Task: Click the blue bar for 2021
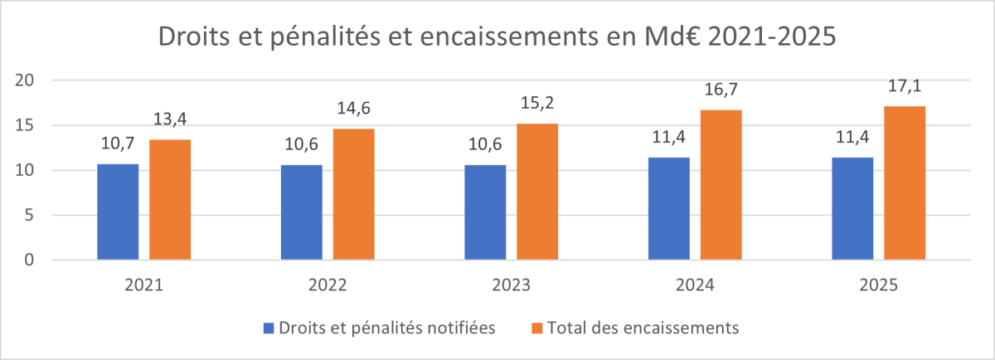pos(118,212)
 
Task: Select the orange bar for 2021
pos(170,200)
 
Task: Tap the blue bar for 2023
pos(485,212)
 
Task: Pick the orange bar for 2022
pos(354,195)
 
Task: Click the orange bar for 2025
pos(904,183)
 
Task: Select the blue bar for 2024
pos(668,209)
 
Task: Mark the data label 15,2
pos(536,106)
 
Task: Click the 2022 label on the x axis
pos(328,285)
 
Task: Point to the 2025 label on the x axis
pos(878,285)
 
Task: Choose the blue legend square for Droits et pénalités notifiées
pos(269,328)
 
